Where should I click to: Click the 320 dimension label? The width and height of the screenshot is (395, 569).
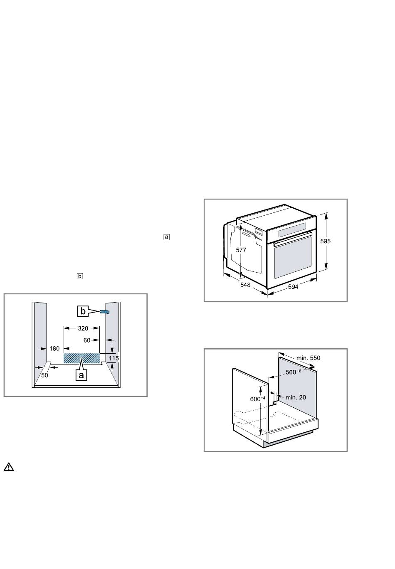click(83, 328)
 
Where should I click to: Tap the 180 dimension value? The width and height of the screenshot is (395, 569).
click(54, 349)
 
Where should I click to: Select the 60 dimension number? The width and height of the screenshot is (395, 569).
click(86, 340)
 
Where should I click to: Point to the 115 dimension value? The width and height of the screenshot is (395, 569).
click(114, 358)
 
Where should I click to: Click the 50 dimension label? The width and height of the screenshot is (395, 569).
click(45, 375)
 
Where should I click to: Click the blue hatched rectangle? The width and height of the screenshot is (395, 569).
click(81, 358)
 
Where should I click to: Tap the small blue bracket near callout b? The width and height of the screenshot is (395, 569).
click(104, 311)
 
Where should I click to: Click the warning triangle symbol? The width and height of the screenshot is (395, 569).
click(9, 467)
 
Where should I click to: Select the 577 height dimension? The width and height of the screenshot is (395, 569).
click(241, 250)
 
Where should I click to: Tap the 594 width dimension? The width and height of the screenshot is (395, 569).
click(294, 287)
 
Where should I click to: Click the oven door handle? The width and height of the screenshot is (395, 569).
click(292, 240)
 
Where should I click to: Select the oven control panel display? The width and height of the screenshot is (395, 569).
click(292, 228)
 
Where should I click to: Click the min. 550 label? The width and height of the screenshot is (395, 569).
click(308, 358)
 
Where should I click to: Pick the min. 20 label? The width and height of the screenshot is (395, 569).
click(296, 397)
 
